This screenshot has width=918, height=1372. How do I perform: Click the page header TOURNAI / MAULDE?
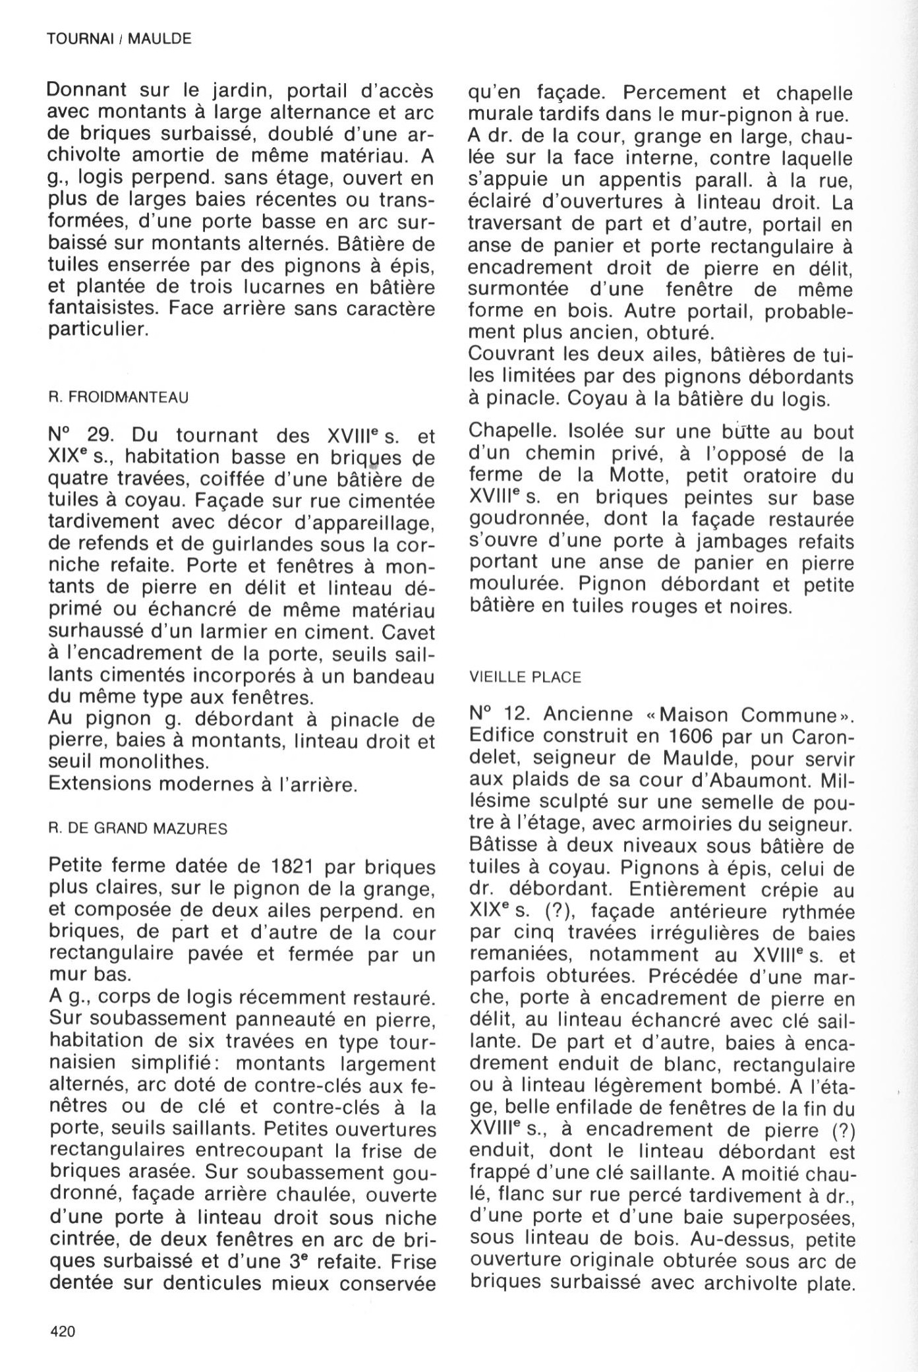pyautogui.click(x=119, y=39)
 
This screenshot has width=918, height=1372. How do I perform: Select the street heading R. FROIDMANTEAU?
pyautogui.click(x=118, y=398)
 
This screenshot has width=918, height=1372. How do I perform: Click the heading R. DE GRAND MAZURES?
pyautogui.click(x=138, y=829)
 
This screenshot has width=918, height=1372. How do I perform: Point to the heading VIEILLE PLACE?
pyautogui.click(x=525, y=677)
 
